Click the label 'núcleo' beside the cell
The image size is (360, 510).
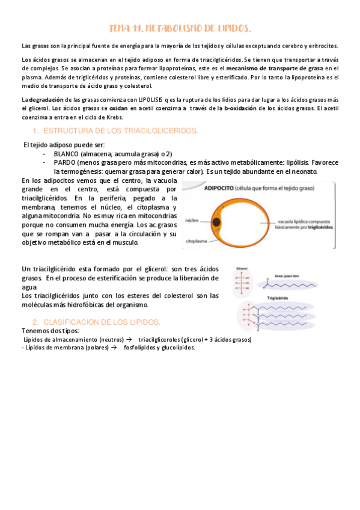(192, 220)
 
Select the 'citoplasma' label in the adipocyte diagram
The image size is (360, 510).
(194, 239)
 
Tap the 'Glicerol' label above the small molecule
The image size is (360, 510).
(242, 268)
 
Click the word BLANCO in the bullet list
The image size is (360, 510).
(66, 154)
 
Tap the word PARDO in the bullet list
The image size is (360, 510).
(65, 162)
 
